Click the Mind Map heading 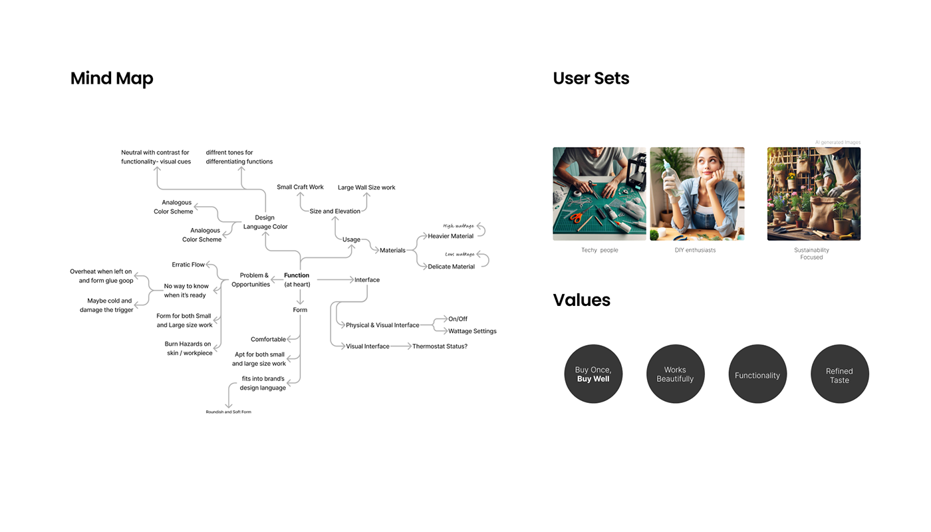[112, 78]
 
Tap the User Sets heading [591, 78]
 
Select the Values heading [581, 300]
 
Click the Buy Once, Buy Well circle [593, 374]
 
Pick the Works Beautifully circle [675, 374]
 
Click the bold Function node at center [297, 275]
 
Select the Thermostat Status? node [440, 346]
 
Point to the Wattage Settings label [472, 331]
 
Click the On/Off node [458, 319]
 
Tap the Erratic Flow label [188, 265]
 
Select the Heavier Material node [450, 236]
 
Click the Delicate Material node [451, 267]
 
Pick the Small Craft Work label [300, 188]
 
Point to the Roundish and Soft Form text [228, 412]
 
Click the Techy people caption [599, 251]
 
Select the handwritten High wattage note [459, 227]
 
